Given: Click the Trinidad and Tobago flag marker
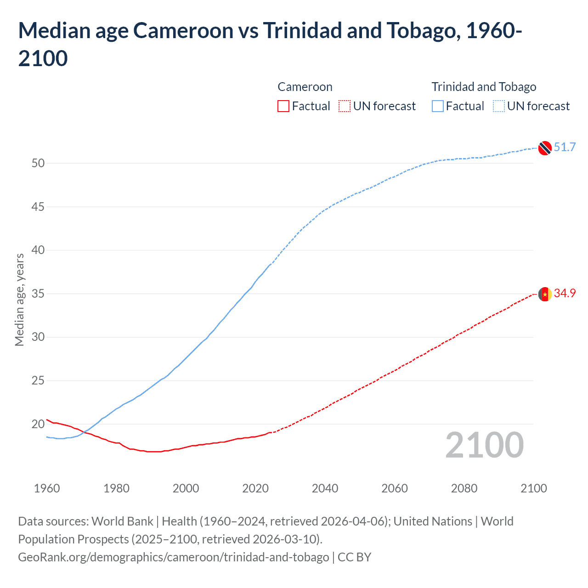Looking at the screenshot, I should [545, 148].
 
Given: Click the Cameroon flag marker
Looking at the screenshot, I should [545, 294].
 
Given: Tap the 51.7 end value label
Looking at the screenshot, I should [565, 147].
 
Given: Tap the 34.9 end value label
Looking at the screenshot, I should [565, 293].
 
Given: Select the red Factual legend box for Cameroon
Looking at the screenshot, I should [283, 106].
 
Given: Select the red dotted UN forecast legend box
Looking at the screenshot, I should [345, 106].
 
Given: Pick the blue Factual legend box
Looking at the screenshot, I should [438, 106].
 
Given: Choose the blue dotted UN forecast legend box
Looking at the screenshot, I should [499, 106].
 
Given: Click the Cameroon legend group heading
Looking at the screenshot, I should [305, 87].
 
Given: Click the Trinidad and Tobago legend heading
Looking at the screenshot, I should [484, 87].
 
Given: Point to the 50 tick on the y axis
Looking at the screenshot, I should [38, 163].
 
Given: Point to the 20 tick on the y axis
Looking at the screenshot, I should [38, 424].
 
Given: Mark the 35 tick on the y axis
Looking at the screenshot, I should [38, 294].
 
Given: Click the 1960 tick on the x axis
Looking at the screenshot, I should [47, 488].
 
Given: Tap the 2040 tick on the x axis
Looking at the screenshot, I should [325, 488].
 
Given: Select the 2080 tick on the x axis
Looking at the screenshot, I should [464, 488].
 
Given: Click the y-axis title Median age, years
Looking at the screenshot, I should [19, 300].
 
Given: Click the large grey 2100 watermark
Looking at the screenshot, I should [484, 445].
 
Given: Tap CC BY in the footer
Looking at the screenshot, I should [354, 557].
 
